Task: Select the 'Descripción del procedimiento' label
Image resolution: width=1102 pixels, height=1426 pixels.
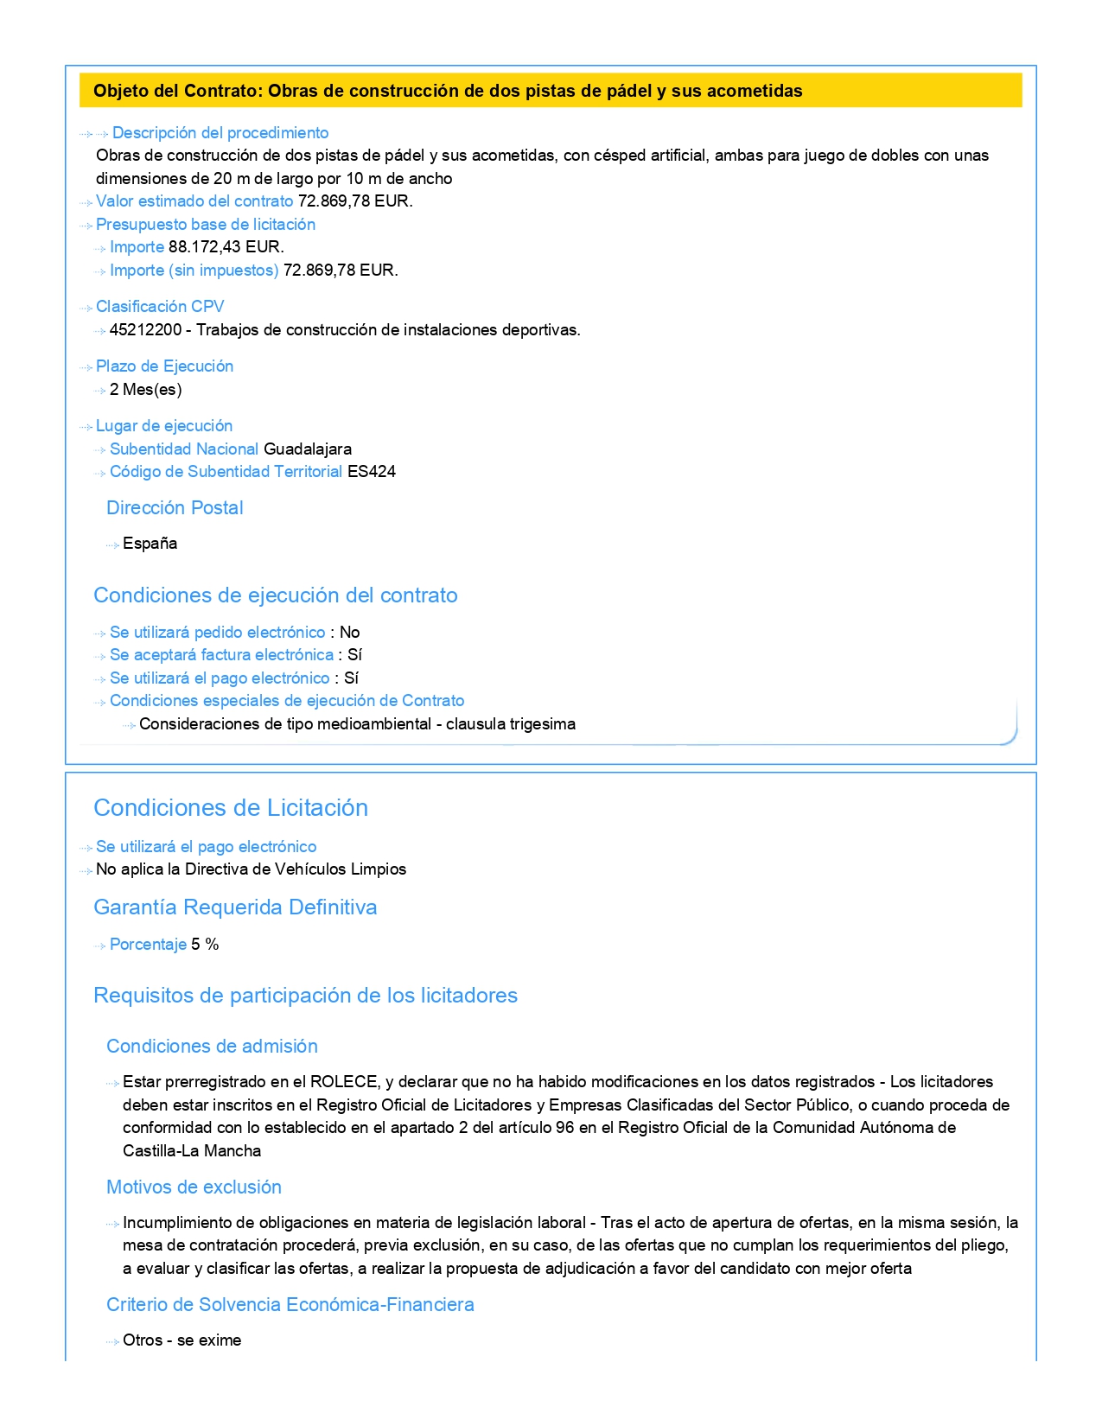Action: [220, 133]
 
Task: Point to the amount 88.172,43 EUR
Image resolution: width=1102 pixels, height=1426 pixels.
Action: [226, 247]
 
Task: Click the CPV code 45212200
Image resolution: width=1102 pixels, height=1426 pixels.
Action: [145, 330]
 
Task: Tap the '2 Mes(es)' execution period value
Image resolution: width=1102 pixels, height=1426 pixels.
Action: [145, 390]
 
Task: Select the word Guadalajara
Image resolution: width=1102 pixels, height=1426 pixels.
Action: [307, 449]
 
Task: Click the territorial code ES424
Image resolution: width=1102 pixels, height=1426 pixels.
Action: [371, 472]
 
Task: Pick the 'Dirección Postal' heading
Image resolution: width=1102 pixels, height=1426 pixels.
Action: [175, 508]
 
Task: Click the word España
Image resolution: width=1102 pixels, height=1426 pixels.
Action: [150, 544]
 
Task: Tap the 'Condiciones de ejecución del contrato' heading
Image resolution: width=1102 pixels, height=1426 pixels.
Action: [275, 595]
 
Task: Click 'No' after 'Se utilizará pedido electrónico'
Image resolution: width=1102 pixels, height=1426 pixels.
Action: [349, 633]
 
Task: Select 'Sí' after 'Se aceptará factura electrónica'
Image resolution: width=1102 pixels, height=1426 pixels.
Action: [354, 655]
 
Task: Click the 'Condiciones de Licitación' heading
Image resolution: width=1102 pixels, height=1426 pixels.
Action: [230, 808]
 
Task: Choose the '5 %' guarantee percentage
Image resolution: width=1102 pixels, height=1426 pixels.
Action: [205, 945]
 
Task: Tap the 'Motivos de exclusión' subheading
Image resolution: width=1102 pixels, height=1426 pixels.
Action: [194, 1187]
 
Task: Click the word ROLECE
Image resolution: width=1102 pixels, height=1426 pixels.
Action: [343, 1082]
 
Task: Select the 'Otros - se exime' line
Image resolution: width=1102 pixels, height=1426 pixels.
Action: [182, 1340]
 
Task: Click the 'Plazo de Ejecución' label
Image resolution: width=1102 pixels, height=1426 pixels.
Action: [164, 366]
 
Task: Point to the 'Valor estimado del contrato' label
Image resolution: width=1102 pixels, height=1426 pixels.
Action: [194, 201]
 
